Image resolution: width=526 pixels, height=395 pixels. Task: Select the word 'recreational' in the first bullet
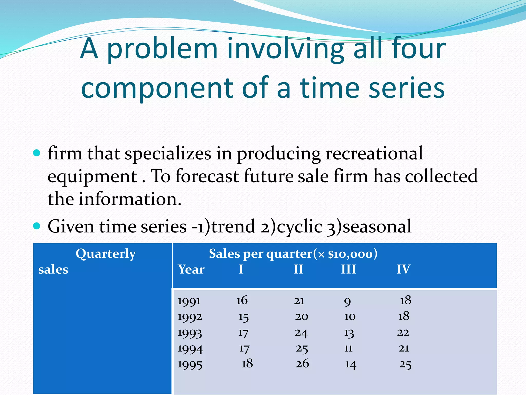[374, 154]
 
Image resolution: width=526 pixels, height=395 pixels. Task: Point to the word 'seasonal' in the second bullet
[377, 226]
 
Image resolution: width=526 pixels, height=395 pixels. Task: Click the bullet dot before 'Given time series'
[37, 226]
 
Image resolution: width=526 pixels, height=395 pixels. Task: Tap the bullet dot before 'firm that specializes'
[37, 153]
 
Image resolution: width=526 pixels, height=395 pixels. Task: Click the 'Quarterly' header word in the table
[106, 254]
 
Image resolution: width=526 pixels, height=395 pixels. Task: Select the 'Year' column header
[191, 270]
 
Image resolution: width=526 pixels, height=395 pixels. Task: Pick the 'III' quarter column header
[348, 270]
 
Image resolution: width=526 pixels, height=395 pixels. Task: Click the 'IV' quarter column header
[403, 270]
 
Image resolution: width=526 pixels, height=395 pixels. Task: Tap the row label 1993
[190, 333]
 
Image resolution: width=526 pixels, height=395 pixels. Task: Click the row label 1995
[190, 365]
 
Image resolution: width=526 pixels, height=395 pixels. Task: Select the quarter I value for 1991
[242, 300]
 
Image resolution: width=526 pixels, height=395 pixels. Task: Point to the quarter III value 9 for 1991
[347, 301]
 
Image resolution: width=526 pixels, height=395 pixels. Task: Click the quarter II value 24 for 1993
[301, 333]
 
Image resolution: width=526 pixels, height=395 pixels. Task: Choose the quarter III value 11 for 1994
[348, 348]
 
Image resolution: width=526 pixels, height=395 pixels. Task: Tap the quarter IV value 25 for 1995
[405, 365]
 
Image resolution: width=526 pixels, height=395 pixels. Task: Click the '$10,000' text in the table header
[350, 254]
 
